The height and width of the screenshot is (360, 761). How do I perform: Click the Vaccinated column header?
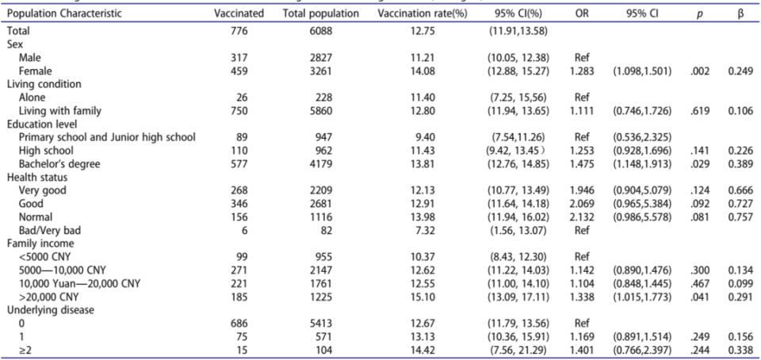click(x=239, y=13)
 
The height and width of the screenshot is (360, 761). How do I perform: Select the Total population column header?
click(x=321, y=13)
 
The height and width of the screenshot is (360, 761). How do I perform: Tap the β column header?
click(x=740, y=14)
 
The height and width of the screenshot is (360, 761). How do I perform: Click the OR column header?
click(x=581, y=13)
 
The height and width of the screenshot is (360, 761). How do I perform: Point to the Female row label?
click(x=35, y=71)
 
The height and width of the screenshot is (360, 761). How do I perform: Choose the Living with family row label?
click(x=60, y=111)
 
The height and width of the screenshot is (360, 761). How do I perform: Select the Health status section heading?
click(x=37, y=178)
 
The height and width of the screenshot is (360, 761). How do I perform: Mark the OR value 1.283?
click(x=582, y=71)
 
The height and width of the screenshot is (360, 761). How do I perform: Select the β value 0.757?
click(x=740, y=217)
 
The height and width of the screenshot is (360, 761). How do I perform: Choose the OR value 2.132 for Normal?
click(x=582, y=217)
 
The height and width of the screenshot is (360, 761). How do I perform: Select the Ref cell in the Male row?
click(x=581, y=58)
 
